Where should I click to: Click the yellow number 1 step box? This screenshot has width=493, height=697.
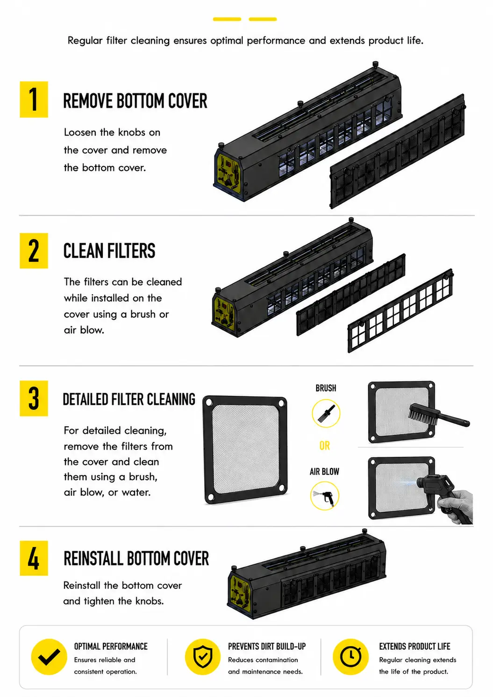(x=34, y=100)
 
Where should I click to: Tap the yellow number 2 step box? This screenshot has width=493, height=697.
(x=34, y=251)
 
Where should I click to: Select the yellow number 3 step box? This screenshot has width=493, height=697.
(x=34, y=398)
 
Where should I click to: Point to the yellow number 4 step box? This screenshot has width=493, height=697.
(x=34, y=558)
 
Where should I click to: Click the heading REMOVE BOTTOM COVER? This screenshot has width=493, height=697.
(x=136, y=101)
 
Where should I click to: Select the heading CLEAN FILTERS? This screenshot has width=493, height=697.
(x=109, y=251)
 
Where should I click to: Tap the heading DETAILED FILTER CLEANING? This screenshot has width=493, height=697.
(x=129, y=399)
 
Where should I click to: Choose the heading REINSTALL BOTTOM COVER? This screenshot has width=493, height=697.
(x=136, y=558)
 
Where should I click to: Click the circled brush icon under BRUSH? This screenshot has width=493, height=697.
(x=326, y=413)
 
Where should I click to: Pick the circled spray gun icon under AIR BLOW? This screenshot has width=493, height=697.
(x=325, y=496)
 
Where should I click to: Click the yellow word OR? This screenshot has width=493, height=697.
(x=325, y=446)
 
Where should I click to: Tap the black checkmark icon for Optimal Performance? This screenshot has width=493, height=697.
(x=49, y=657)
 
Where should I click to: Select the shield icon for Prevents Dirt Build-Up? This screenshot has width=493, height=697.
(x=203, y=657)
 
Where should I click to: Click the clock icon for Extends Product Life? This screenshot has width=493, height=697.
(x=351, y=657)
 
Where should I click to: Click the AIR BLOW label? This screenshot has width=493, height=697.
(x=324, y=472)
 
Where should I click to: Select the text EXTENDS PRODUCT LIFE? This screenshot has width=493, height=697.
(x=414, y=647)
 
